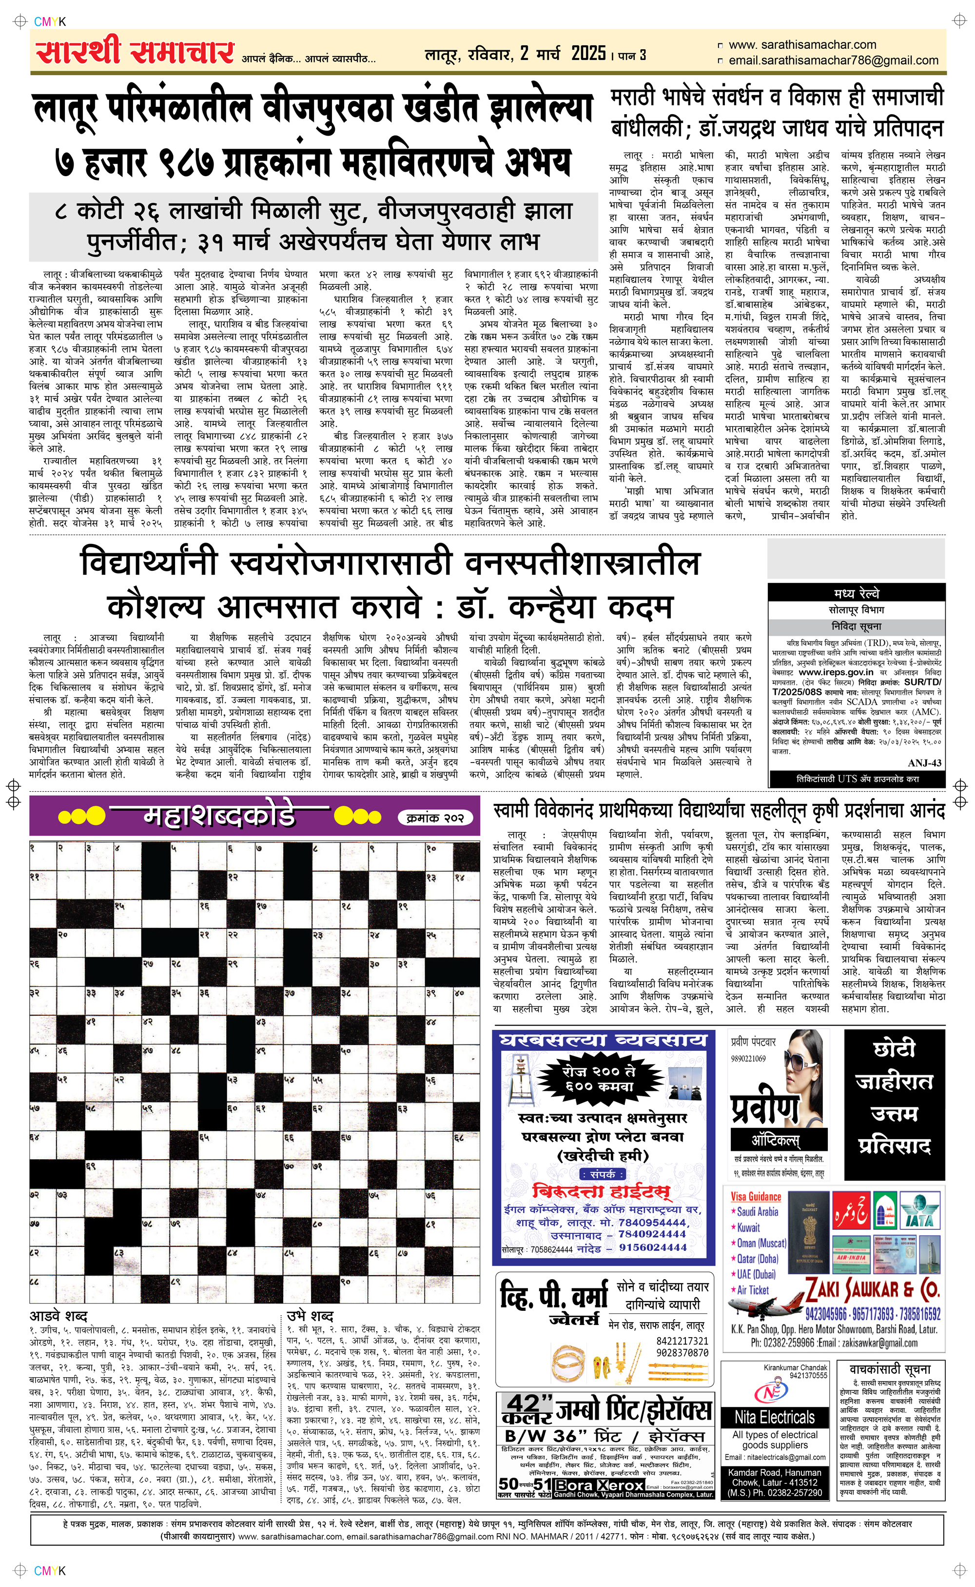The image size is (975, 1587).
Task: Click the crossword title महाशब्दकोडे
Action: pos(219,816)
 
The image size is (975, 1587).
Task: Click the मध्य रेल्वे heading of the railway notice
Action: pos(857,593)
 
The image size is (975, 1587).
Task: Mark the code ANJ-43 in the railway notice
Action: pos(924,763)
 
